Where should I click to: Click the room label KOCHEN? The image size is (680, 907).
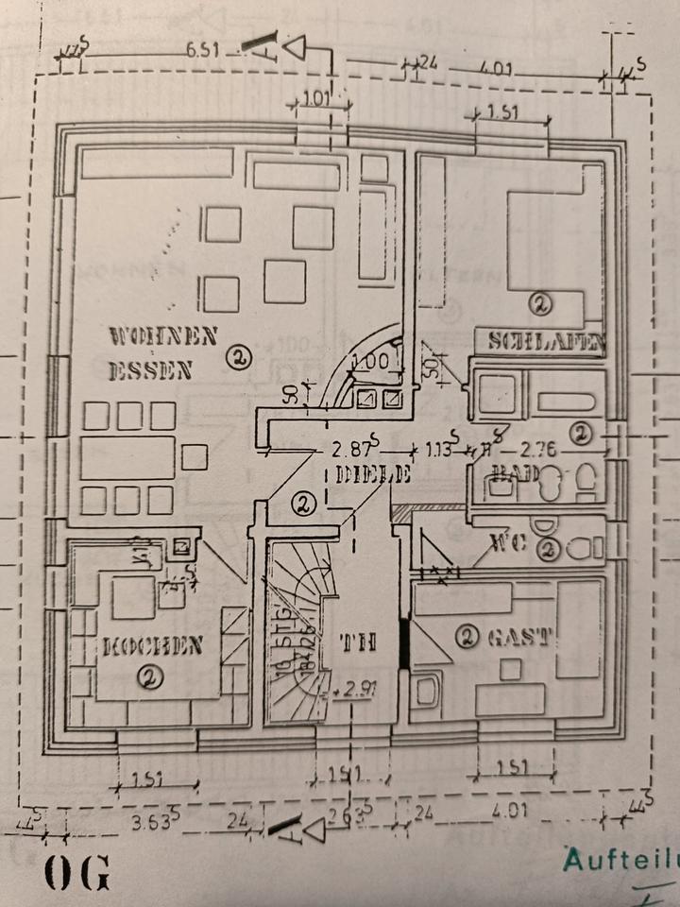pyautogui.click(x=153, y=647)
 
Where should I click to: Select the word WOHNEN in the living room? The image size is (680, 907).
pyautogui.click(x=163, y=335)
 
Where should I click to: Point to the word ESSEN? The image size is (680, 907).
pyautogui.click(x=150, y=370)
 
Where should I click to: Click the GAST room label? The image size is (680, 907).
pyautogui.click(x=518, y=638)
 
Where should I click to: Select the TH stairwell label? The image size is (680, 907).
pyautogui.click(x=359, y=643)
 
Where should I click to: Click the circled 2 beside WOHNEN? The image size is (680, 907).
pyautogui.click(x=239, y=357)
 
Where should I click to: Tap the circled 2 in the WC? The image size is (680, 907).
pyautogui.click(x=548, y=548)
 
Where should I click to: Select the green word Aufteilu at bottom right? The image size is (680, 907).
pyautogui.click(x=620, y=861)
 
